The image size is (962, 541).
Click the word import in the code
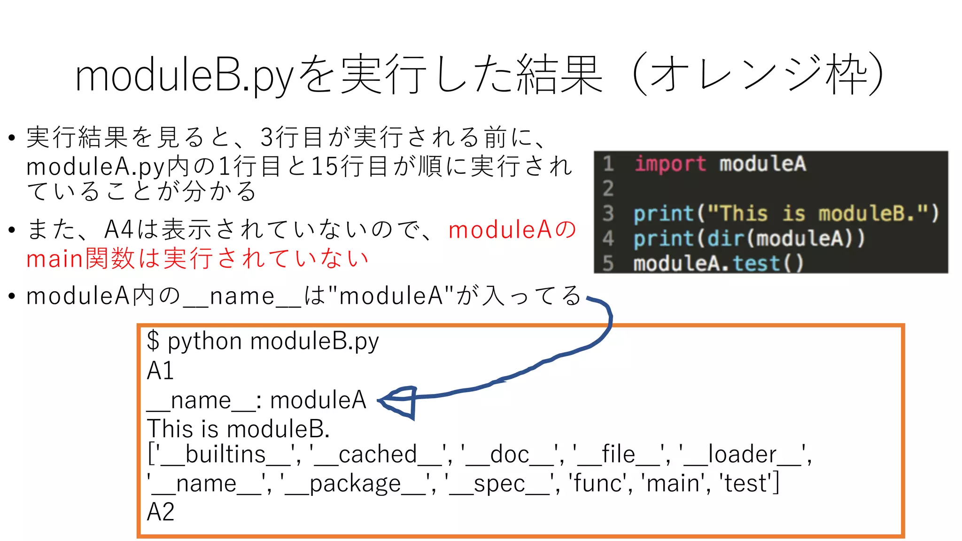click(670, 164)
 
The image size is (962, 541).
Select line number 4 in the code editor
click(608, 239)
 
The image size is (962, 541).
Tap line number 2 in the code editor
click(608, 188)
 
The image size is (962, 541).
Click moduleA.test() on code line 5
click(718, 263)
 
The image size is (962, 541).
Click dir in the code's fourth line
click(726, 239)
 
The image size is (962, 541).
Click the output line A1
click(160, 371)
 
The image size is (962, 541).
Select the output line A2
click(160, 512)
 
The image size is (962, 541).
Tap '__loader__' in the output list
click(742, 455)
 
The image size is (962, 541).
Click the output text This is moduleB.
click(238, 429)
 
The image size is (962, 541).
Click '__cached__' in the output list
click(378, 455)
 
